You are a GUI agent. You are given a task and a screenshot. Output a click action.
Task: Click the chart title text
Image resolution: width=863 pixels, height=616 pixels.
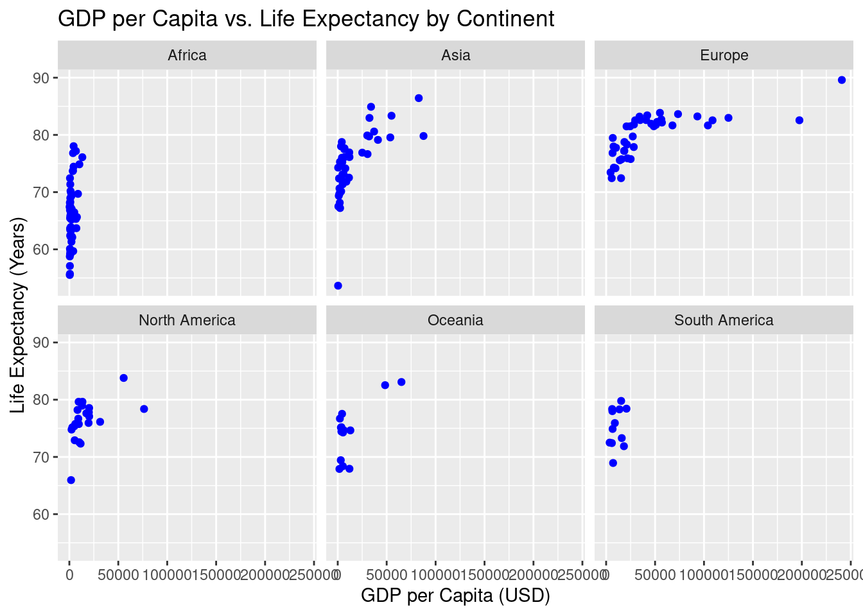coord(306,19)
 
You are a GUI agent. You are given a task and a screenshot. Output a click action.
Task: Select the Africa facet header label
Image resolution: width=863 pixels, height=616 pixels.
coord(187,55)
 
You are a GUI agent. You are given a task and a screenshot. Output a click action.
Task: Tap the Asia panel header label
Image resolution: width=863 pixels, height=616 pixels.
coord(455,55)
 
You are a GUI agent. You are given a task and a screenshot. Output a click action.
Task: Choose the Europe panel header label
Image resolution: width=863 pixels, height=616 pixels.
coord(724,55)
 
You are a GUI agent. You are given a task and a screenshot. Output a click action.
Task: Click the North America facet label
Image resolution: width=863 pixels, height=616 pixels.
coord(187,320)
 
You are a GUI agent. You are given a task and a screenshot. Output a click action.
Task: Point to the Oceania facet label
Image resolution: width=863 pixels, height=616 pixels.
coord(455,320)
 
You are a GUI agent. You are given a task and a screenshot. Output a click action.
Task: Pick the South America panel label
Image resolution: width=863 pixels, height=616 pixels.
coord(724,320)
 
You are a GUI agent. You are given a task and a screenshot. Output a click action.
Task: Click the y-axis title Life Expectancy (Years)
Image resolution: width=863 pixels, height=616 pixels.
coord(18,315)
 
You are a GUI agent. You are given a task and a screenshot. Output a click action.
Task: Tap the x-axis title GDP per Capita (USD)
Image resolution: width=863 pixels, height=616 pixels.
coord(455,595)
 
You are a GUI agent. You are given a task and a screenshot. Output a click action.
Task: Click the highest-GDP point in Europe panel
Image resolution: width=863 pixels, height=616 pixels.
coord(842,80)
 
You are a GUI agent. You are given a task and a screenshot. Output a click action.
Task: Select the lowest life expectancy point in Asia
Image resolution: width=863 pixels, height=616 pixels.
coord(338,286)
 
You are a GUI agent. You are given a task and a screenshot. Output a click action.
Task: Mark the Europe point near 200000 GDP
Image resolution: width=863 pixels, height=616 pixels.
coord(799,120)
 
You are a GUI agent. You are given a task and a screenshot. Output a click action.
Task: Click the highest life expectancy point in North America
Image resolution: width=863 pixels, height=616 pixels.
coord(124,378)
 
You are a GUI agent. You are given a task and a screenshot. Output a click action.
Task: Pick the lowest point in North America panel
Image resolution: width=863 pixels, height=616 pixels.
coord(71,480)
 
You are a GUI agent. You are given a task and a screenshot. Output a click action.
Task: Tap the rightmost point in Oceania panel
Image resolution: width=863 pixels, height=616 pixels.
coord(401,382)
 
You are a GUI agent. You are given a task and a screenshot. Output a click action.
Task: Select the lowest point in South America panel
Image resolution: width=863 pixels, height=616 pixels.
coord(613,463)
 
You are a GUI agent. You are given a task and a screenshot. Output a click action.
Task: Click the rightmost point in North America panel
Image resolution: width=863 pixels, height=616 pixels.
coord(144,409)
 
